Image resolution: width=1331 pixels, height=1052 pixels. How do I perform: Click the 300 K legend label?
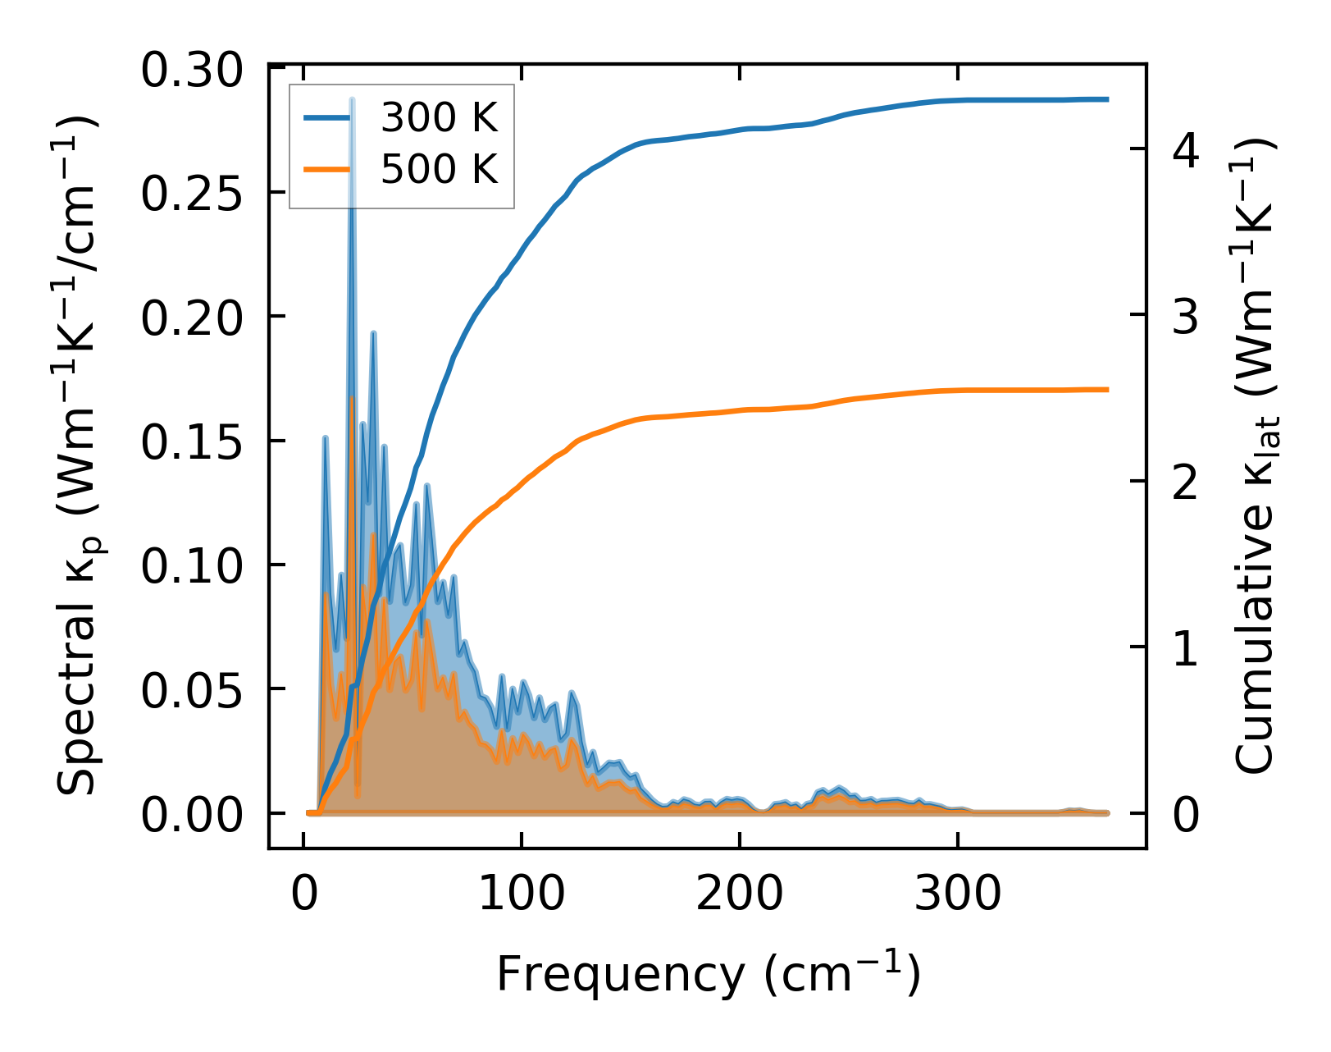(x=439, y=119)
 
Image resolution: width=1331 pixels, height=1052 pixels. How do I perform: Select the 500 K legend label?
(x=439, y=170)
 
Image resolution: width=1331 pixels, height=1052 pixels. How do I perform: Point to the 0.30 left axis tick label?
(x=192, y=71)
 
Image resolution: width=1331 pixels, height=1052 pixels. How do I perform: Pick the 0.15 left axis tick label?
(x=192, y=443)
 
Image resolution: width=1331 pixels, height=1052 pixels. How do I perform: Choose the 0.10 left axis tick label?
(x=192, y=567)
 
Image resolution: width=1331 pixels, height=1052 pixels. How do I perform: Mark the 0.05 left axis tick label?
(x=192, y=691)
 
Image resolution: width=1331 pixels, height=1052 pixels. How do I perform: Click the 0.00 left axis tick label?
(x=192, y=816)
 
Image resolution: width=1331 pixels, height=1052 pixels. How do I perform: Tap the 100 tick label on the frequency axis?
(x=522, y=893)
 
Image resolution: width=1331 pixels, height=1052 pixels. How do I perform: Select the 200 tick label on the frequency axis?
(x=740, y=893)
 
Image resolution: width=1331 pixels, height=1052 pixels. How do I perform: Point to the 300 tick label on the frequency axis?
(x=958, y=893)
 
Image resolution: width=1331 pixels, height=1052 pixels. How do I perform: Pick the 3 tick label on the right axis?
(x=1186, y=317)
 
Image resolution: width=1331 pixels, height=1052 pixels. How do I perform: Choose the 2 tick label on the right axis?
(x=1186, y=483)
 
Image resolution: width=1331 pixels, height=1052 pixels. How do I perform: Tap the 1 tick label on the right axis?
(x=1186, y=649)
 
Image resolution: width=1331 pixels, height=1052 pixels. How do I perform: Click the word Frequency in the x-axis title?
(x=619, y=975)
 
